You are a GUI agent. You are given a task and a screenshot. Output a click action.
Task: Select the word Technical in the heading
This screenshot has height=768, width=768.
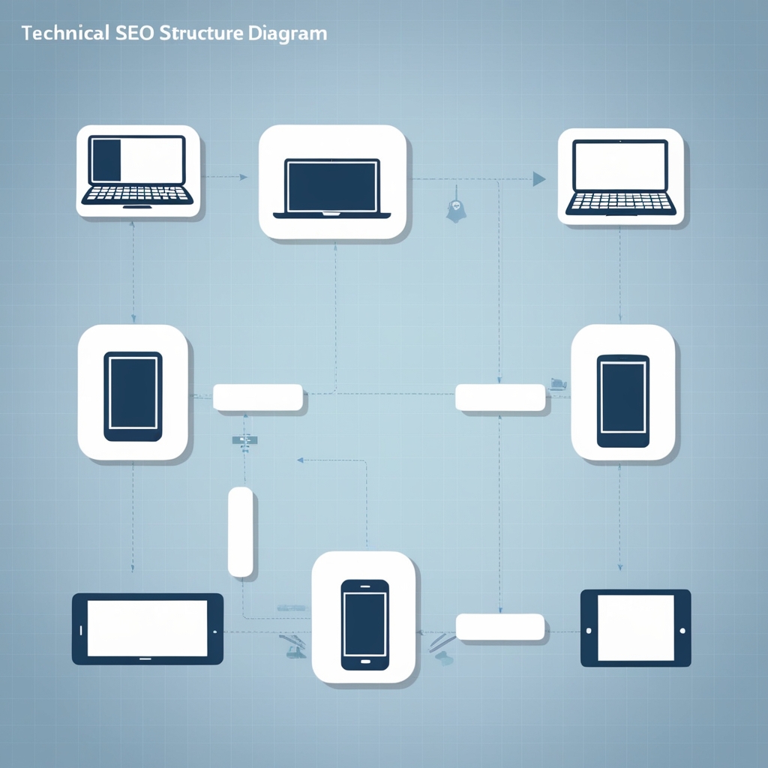coord(67,34)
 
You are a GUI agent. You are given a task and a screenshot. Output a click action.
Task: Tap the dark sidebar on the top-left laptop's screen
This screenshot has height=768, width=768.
coord(106,160)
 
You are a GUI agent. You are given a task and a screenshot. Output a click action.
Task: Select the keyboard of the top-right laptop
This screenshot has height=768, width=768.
coord(620,202)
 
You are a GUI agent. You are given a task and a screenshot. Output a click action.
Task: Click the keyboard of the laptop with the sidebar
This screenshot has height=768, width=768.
coord(136,195)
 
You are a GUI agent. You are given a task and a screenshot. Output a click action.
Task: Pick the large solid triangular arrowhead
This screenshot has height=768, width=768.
coord(538,178)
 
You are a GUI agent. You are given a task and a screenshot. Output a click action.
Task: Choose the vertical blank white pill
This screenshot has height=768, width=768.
coord(240,532)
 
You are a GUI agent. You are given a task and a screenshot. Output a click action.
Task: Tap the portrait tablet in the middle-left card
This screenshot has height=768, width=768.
coord(133,396)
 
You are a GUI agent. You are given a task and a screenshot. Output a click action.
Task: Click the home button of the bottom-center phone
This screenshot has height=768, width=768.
coord(365,662)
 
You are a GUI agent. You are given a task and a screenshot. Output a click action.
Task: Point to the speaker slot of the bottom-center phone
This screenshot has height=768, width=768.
coord(364,585)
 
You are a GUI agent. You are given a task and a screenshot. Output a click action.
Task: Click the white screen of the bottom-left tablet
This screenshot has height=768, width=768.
coord(147,628)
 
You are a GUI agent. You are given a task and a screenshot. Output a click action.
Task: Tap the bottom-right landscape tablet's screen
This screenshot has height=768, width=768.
coord(635,628)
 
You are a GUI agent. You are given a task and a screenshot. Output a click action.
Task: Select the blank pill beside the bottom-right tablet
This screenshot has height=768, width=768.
coord(500,627)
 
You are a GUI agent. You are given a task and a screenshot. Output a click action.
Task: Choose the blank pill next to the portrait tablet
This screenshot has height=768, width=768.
coord(258,397)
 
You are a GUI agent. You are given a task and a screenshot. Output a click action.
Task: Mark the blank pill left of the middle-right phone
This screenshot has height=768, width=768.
coord(500,397)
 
